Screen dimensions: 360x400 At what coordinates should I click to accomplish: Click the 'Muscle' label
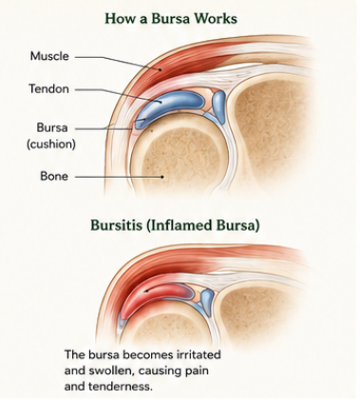click(x=49, y=56)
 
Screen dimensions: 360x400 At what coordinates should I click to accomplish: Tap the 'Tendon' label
click(x=48, y=88)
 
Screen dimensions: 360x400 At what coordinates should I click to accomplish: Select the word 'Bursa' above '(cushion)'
click(x=52, y=127)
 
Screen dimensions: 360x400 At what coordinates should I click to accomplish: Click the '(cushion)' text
click(x=51, y=144)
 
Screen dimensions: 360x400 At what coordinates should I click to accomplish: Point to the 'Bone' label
click(x=54, y=176)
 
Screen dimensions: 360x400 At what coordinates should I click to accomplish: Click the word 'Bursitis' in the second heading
click(x=116, y=225)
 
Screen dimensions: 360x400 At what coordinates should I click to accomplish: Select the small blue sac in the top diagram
click(x=218, y=106)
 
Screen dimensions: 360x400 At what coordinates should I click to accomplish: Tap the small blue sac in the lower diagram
click(x=207, y=297)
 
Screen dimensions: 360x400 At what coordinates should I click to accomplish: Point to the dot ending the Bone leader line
click(x=162, y=177)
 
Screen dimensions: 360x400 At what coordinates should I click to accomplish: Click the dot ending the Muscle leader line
click(x=161, y=69)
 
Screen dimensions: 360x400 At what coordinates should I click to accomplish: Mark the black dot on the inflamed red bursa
click(x=145, y=291)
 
